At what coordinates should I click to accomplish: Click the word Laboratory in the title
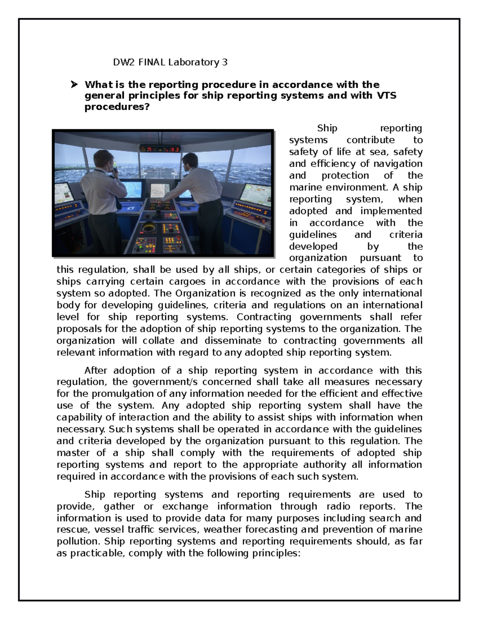[194, 62]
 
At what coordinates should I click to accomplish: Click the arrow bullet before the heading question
[74, 85]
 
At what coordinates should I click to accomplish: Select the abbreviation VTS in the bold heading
[386, 96]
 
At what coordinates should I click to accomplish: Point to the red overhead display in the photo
[160, 149]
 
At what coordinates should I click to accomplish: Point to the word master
[73, 453]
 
